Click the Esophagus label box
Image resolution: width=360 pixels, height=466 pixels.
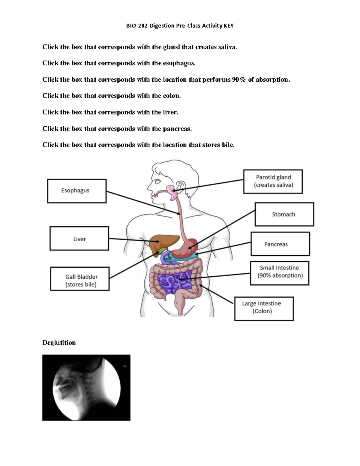(77, 191)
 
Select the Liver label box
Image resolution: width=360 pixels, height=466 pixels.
(79, 239)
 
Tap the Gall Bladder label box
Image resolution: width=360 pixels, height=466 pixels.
(80, 279)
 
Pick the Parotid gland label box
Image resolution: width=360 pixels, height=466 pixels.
(273, 181)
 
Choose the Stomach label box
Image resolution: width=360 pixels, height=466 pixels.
(284, 214)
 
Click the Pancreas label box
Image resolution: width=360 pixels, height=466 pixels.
(280, 244)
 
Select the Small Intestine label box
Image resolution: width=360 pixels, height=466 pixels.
(280, 273)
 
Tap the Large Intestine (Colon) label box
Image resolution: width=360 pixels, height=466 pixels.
(264, 309)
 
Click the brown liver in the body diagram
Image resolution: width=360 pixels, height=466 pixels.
(162, 240)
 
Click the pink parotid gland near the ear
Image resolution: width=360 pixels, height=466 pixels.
(172, 192)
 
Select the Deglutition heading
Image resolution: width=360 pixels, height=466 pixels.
(59, 343)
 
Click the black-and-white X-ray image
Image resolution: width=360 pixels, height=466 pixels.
(86, 387)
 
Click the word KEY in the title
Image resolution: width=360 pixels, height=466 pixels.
(228, 26)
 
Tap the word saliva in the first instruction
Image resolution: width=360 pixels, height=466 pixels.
(227, 47)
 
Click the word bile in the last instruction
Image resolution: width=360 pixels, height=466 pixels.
(228, 145)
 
